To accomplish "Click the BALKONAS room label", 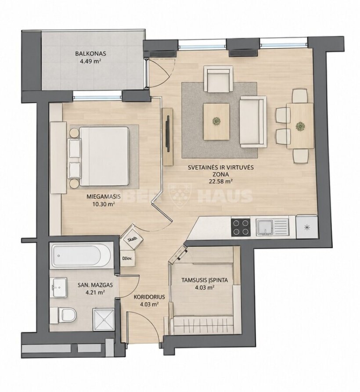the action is click(x=90, y=54).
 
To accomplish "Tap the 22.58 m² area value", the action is click(x=219, y=182).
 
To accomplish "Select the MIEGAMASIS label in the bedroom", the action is click(x=104, y=197).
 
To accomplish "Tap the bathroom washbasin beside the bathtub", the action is click(x=60, y=288).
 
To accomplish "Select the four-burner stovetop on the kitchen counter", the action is click(x=241, y=227).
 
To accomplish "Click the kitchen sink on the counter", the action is click(x=272, y=227).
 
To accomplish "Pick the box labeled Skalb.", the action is click(x=132, y=240).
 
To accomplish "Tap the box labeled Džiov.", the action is click(x=127, y=258).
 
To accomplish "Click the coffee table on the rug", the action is click(x=216, y=122).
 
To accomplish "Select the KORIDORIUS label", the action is click(x=149, y=297).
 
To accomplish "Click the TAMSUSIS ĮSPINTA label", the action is click(x=205, y=280).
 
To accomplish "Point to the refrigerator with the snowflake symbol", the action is click(x=307, y=227).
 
